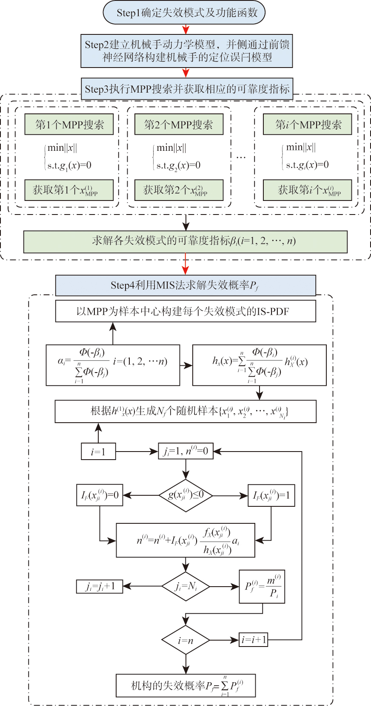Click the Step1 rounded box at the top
pyautogui.click(x=184, y=13)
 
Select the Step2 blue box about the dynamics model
pyautogui.click(x=187, y=51)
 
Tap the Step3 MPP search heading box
pyautogui.click(x=187, y=89)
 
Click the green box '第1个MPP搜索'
pyautogui.click(x=69, y=124)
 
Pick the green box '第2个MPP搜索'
pyautogui.click(x=179, y=124)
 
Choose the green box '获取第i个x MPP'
pyautogui.click(x=307, y=190)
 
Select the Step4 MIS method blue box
pyautogui.click(x=185, y=285)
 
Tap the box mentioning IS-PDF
pyautogui.click(x=185, y=311)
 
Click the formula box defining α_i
pyautogui.click(x=113, y=365)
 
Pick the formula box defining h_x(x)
pyautogui.click(x=260, y=365)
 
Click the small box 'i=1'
pyautogui.click(x=98, y=451)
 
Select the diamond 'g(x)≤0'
pyautogui.click(x=185, y=495)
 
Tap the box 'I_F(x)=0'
pyautogui.click(x=100, y=495)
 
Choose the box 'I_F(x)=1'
pyautogui.click(x=271, y=495)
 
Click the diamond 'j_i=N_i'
pyautogui.click(x=185, y=587)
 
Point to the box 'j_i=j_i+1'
pyautogui.click(x=100, y=587)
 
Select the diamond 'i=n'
pyautogui.click(x=185, y=640)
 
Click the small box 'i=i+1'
pyautogui.click(x=254, y=640)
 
